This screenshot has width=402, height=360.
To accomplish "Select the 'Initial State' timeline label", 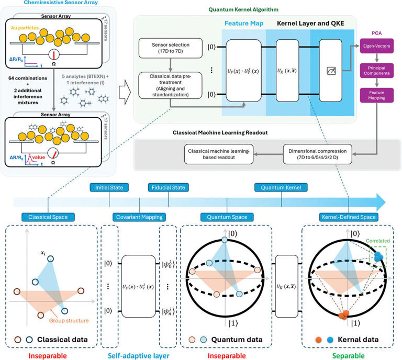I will point(109,187).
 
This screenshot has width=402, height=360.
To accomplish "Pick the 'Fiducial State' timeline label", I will point(168,187).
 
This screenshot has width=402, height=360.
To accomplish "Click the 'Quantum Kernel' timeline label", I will point(281,187).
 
